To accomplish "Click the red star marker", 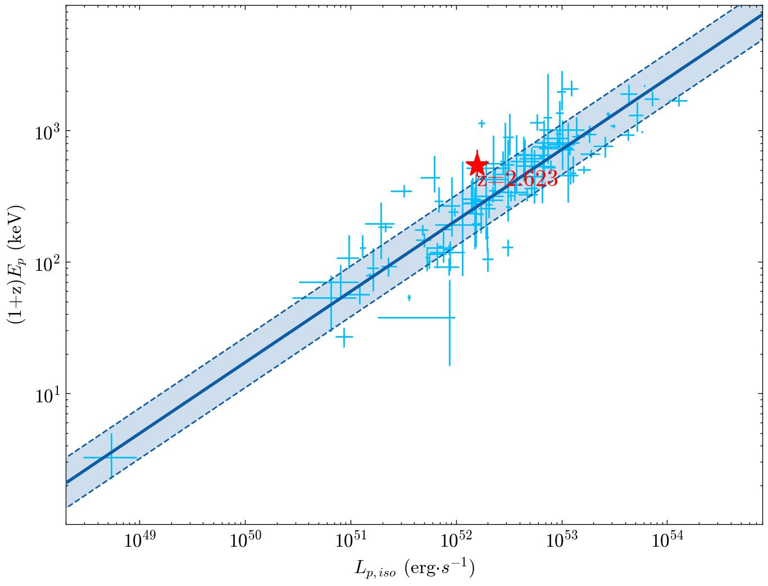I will click(477, 166).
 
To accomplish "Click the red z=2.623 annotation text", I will click(517, 179).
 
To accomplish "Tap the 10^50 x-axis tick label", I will click(245, 542).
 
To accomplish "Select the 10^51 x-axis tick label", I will click(351, 542).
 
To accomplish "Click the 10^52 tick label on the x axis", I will click(456, 542).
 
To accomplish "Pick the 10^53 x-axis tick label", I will click(562, 542).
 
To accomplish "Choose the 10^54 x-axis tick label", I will click(667, 542).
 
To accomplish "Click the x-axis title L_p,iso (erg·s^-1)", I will click(415, 569).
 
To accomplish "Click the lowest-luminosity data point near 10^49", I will click(111, 457).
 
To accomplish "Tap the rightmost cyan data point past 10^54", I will click(679, 101).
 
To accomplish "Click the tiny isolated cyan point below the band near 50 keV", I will click(409, 297).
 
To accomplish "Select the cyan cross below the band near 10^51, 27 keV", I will click(344, 337).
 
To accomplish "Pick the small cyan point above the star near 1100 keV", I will click(481, 123).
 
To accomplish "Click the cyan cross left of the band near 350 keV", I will click(403, 192).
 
